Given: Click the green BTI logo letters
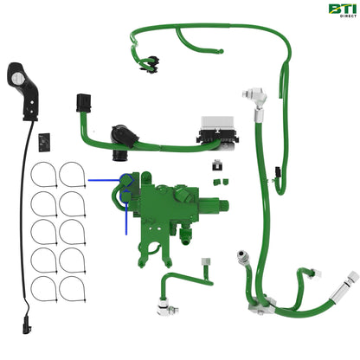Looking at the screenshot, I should [x=340, y=10].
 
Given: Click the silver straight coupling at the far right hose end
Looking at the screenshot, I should [x=350, y=280].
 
